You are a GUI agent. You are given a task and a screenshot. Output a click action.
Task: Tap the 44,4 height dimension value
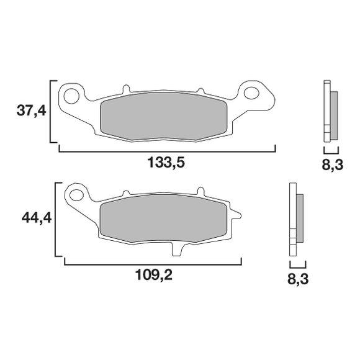coord(37,218)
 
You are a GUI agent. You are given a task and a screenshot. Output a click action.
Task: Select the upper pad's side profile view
coord(330,112)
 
